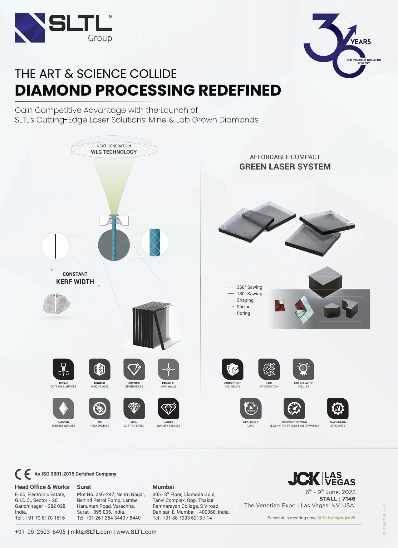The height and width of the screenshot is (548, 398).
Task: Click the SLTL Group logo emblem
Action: pos(30,27)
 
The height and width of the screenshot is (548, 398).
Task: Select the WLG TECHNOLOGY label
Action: pos(114,152)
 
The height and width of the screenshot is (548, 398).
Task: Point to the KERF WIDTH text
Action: pos(75,282)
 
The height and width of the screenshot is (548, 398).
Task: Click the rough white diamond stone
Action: pos(57,303)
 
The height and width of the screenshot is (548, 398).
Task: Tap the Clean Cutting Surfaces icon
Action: pos(63,369)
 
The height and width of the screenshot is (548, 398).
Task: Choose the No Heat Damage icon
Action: pos(100,408)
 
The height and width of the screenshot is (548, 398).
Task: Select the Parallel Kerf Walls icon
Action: pos(168,369)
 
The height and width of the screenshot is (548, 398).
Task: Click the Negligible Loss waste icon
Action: pos(251,408)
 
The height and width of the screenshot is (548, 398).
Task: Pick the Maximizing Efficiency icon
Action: pos(338,408)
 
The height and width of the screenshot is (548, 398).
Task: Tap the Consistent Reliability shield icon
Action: pos(233,369)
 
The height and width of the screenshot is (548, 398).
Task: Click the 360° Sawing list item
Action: pos(249,287)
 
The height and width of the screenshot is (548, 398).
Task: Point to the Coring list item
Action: pos(243,313)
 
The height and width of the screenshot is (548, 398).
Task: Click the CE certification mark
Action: pos(23,474)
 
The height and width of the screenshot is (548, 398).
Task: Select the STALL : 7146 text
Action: pos(337,499)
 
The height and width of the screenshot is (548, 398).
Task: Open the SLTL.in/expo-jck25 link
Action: pos(336,518)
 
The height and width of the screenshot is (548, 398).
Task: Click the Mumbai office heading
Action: pos(163,487)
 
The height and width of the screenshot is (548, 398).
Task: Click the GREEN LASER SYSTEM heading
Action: pos(285,167)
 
